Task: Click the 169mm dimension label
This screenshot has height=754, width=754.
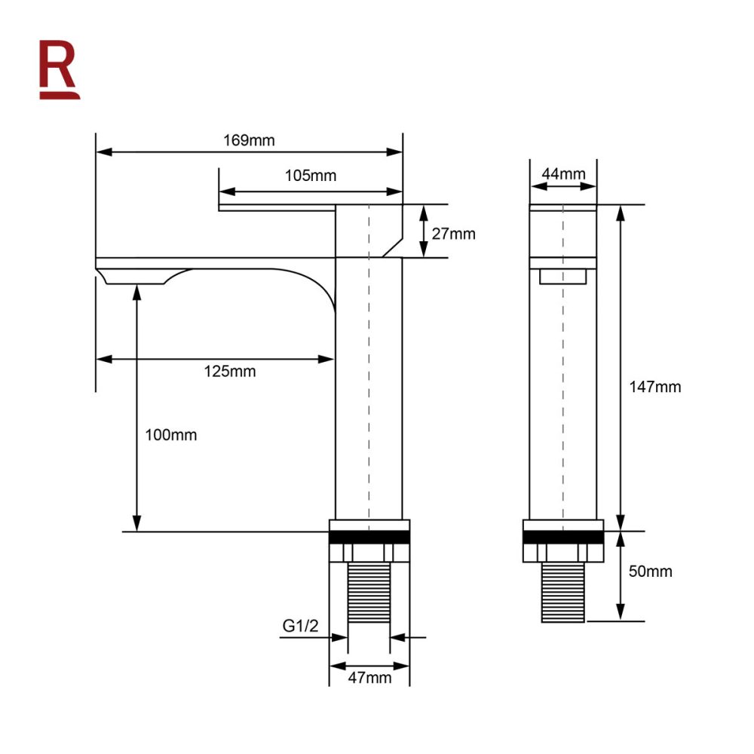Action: (x=249, y=140)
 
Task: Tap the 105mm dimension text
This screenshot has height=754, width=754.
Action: (x=311, y=176)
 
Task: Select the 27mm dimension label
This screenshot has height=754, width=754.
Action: (x=452, y=234)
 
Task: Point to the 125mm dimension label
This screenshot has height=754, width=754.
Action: (x=230, y=371)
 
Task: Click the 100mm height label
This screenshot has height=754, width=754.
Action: (x=171, y=435)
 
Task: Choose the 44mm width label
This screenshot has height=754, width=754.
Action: (x=563, y=174)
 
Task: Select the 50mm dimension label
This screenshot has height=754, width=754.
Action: (x=650, y=572)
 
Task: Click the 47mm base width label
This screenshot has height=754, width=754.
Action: (x=369, y=677)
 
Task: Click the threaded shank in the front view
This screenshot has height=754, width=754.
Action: (x=563, y=593)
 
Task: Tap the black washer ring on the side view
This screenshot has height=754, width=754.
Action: (x=369, y=537)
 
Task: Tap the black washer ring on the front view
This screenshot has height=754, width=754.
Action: (x=563, y=537)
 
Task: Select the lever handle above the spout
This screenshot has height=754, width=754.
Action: (x=276, y=207)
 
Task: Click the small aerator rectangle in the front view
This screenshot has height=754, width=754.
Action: (x=563, y=277)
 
